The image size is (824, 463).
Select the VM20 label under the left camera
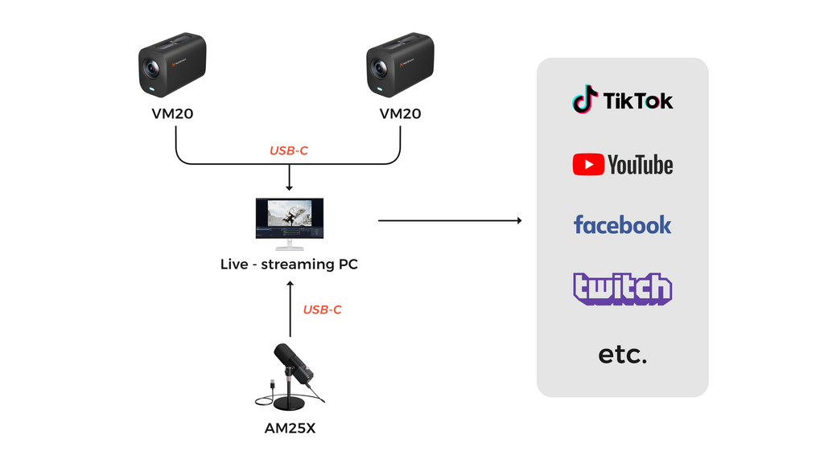pyautogui.click(x=172, y=114)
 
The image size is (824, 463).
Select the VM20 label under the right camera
pyautogui.click(x=400, y=114)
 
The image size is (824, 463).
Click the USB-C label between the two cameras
pyautogui.click(x=289, y=150)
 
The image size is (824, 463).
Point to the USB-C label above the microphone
pyautogui.click(x=323, y=309)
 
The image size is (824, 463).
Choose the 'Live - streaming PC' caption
pyautogui.click(x=289, y=264)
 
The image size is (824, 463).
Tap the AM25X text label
pyautogui.click(x=290, y=428)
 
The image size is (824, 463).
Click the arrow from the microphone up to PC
pyautogui.click(x=290, y=309)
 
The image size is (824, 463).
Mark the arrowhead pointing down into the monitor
pyautogui.click(x=289, y=187)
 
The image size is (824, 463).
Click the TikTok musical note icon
pyautogui.click(x=585, y=100)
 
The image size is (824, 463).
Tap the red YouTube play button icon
pyautogui.click(x=588, y=165)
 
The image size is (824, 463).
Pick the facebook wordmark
pyautogui.click(x=622, y=224)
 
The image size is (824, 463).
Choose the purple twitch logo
pyautogui.click(x=622, y=289)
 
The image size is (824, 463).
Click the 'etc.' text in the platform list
pyautogui.click(x=622, y=354)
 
